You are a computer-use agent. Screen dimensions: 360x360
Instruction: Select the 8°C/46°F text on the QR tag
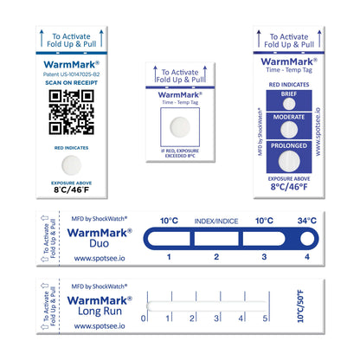pos(71,190)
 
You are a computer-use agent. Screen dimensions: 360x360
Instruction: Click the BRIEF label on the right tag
pos(289,93)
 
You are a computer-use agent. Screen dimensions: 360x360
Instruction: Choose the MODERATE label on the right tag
pos(289,115)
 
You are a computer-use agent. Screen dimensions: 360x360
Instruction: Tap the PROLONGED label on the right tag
pos(289,145)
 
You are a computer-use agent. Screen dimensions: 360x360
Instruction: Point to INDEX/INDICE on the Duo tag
pos(217,221)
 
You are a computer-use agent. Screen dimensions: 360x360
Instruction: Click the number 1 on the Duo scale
pos(168,257)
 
